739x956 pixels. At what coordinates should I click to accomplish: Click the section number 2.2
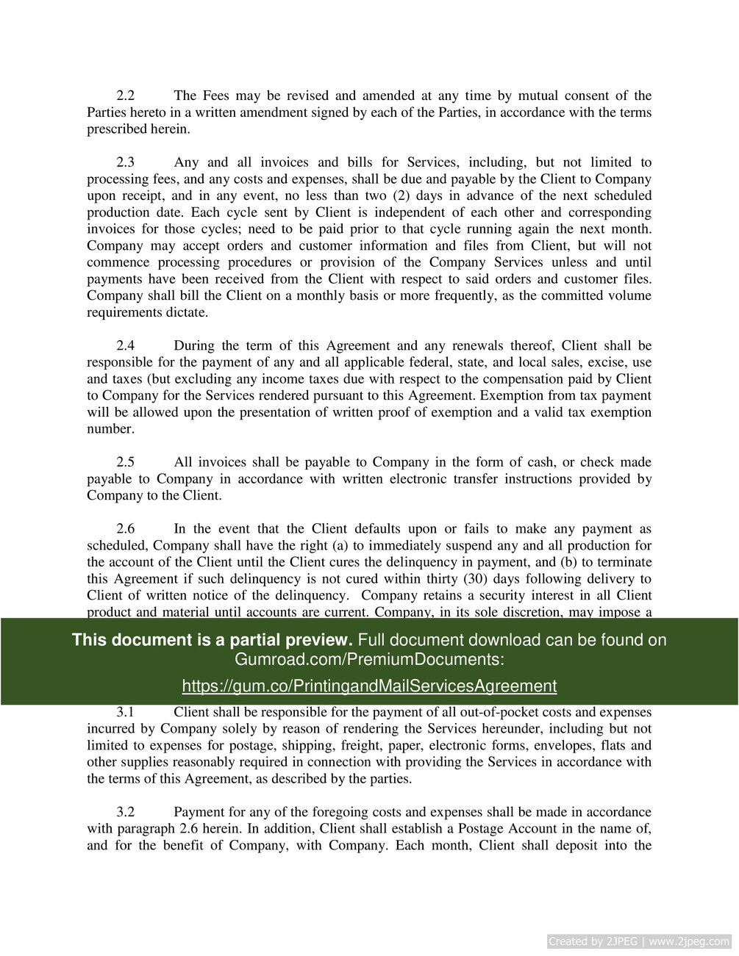[126, 96]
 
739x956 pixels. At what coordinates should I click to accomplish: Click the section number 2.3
[126, 162]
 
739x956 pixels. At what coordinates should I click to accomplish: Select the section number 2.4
[126, 345]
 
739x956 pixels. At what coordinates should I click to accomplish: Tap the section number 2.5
[126, 462]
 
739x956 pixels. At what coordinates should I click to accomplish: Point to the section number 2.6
[126, 529]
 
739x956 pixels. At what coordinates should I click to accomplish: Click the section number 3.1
[126, 712]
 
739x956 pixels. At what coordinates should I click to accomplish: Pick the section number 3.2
[126, 812]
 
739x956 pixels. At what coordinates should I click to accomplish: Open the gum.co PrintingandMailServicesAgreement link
[369, 686]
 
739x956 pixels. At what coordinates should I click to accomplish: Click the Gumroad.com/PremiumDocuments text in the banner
[369, 659]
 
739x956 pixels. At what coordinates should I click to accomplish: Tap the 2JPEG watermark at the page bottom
[639, 941]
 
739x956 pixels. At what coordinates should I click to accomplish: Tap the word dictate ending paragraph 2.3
[185, 312]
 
